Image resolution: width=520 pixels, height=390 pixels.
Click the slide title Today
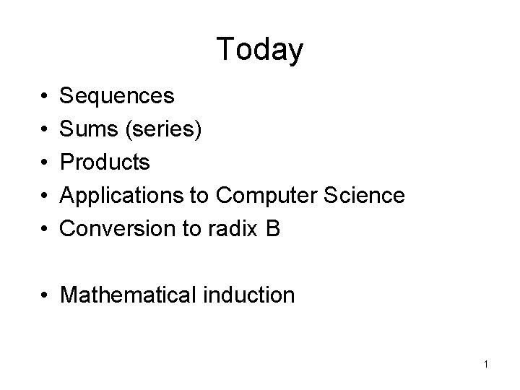tap(259, 50)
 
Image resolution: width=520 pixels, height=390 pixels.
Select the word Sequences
tap(116, 95)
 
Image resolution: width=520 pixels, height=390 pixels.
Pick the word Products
tap(105, 162)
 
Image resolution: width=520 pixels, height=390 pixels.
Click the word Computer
tap(267, 196)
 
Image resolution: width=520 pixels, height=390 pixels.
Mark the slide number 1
tap(486, 364)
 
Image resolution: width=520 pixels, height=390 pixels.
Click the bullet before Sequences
tap(45, 96)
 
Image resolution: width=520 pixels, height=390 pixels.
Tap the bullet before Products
tap(45, 162)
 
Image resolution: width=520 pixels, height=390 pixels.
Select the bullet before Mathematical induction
tap(45, 295)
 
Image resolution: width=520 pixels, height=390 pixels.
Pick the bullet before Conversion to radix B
tap(45, 229)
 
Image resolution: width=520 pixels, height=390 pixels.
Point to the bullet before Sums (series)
tap(45, 129)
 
